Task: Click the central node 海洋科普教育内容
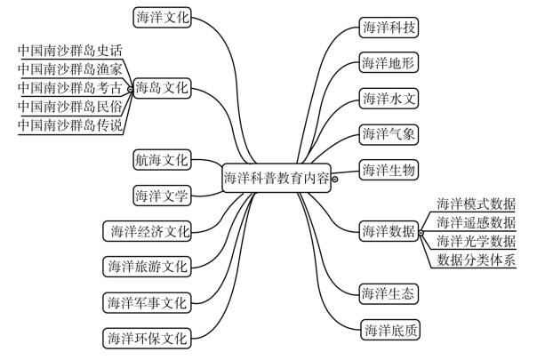tap(277, 177)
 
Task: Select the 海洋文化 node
tap(162, 17)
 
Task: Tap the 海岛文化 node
tap(162, 89)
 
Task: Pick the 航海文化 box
tap(162, 160)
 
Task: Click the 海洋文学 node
tap(162, 195)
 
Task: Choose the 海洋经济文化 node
tap(148, 232)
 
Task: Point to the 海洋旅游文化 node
tap(148, 266)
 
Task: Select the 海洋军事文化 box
tap(148, 302)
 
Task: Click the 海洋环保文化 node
tap(148, 338)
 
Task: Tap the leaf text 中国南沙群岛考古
tap(69, 88)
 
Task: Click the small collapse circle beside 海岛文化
tap(131, 89)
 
